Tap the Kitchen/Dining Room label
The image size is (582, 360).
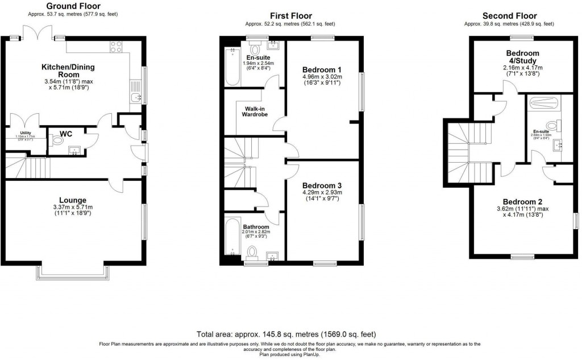pyautogui.click(x=68, y=71)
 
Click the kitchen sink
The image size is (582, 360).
pyautogui.click(x=136, y=98)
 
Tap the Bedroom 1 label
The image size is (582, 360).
pyautogui.click(x=322, y=70)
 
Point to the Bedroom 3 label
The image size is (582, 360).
pyautogui.click(x=322, y=186)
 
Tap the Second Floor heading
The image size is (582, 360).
pyautogui.click(x=509, y=15)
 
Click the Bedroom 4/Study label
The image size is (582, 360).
pyautogui.click(x=522, y=57)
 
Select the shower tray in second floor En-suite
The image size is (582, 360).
pyautogui.click(x=542, y=103)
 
